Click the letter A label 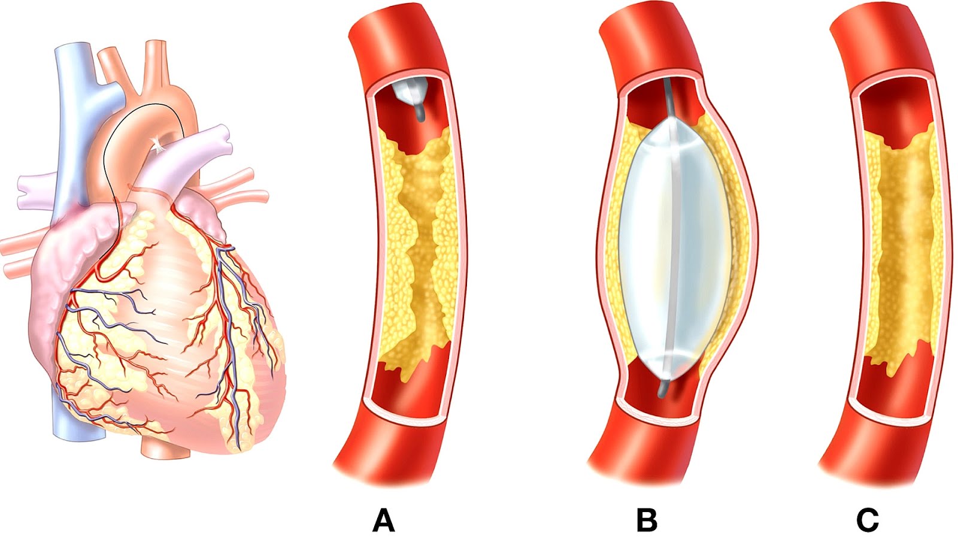(383, 520)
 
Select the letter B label (647, 520)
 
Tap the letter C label (868, 520)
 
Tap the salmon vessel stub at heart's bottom (165, 449)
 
